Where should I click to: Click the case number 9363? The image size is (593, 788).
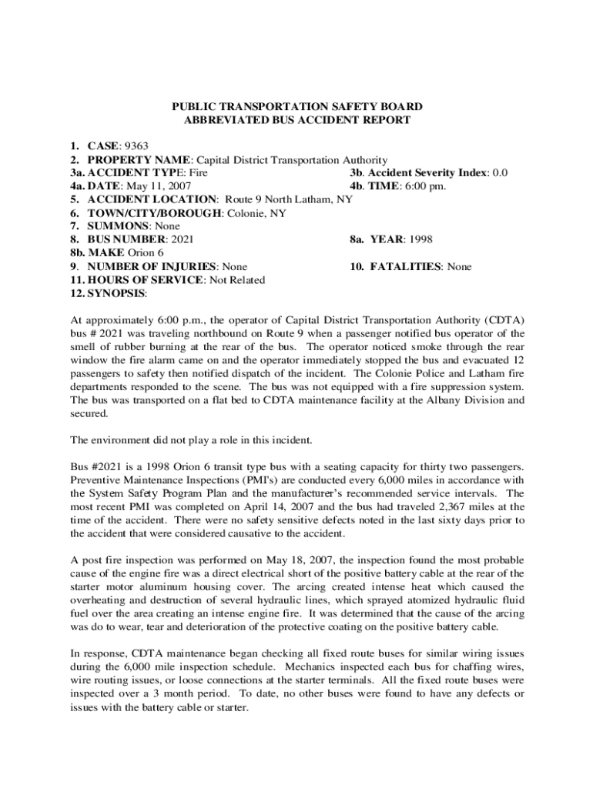136,146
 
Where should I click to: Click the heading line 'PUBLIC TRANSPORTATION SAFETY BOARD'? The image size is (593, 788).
296,106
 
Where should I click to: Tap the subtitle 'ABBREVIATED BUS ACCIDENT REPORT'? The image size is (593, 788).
296,120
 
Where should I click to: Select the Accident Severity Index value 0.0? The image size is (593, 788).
499,173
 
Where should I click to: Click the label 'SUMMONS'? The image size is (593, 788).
119,226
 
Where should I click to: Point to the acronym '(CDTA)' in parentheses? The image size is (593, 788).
504,320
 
